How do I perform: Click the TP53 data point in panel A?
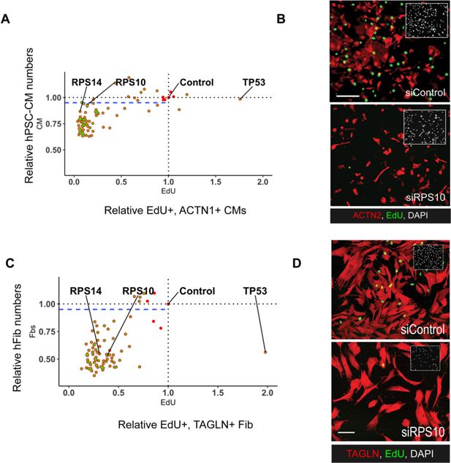coord(239,99)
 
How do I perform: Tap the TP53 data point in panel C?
coord(265,352)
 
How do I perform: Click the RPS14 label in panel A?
coord(86,81)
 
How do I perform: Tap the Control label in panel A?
coord(197,83)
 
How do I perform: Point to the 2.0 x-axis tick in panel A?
coord(263,181)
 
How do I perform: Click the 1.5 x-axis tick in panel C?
coord(217,392)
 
